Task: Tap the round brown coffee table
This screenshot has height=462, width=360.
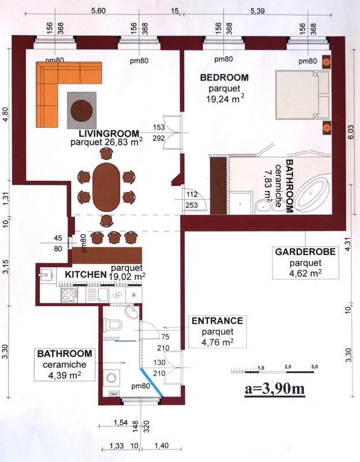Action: click(x=81, y=110)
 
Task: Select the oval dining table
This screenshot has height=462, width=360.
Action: click(x=106, y=187)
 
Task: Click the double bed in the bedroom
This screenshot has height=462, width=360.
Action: click(x=302, y=95)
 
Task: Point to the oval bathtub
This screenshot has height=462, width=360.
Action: click(x=313, y=194)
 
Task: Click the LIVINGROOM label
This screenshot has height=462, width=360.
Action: click(x=109, y=134)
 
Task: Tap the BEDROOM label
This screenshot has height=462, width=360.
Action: click(x=224, y=77)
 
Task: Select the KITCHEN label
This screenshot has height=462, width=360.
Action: click(x=86, y=275)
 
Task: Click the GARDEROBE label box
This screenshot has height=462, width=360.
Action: click(x=306, y=263)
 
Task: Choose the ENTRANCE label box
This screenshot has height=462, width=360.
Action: click(x=218, y=331)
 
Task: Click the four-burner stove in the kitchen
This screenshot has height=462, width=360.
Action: click(x=69, y=295)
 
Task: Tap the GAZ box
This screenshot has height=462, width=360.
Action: click(x=113, y=394)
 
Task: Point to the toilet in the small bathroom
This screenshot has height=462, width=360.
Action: click(x=113, y=326)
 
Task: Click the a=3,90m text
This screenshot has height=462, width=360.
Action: click(x=275, y=389)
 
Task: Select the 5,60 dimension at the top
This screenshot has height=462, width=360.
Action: click(x=98, y=11)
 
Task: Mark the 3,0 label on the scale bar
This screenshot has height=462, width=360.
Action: click(x=314, y=367)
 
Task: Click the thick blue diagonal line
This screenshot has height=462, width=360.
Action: click(x=151, y=382)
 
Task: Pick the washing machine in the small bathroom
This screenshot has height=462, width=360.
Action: click(x=112, y=378)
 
